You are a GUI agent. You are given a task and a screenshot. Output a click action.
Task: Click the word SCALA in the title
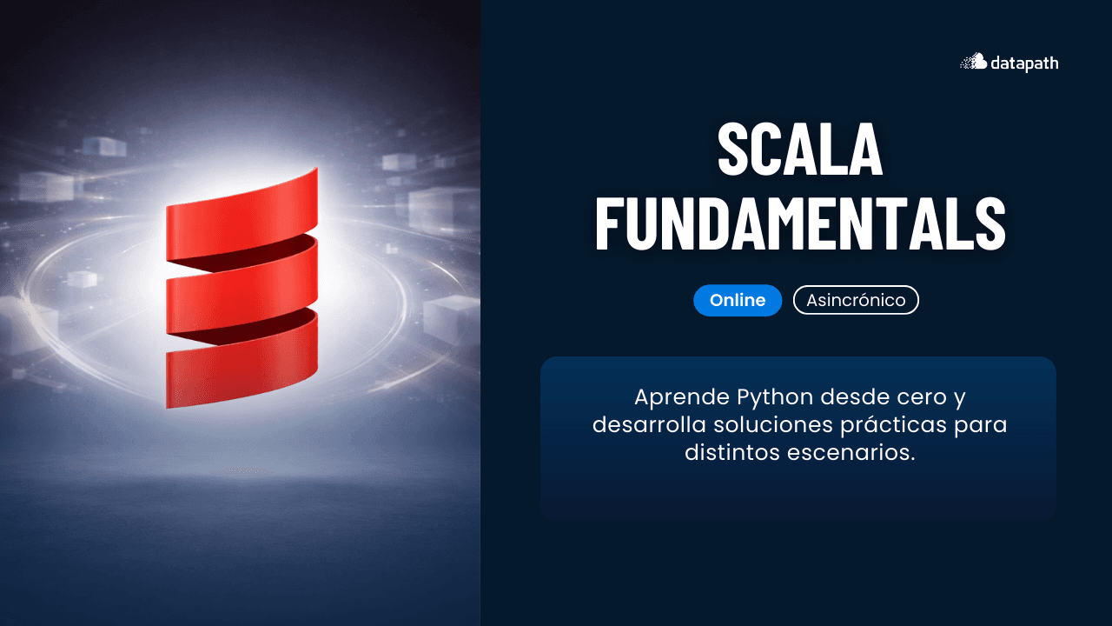(x=799, y=150)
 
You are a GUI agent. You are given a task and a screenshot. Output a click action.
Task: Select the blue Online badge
(x=738, y=300)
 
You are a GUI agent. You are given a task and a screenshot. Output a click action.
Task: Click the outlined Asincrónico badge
(x=856, y=300)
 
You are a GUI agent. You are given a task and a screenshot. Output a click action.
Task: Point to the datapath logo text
(x=1024, y=63)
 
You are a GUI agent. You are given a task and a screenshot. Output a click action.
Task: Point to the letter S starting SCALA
(x=735, y=150)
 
